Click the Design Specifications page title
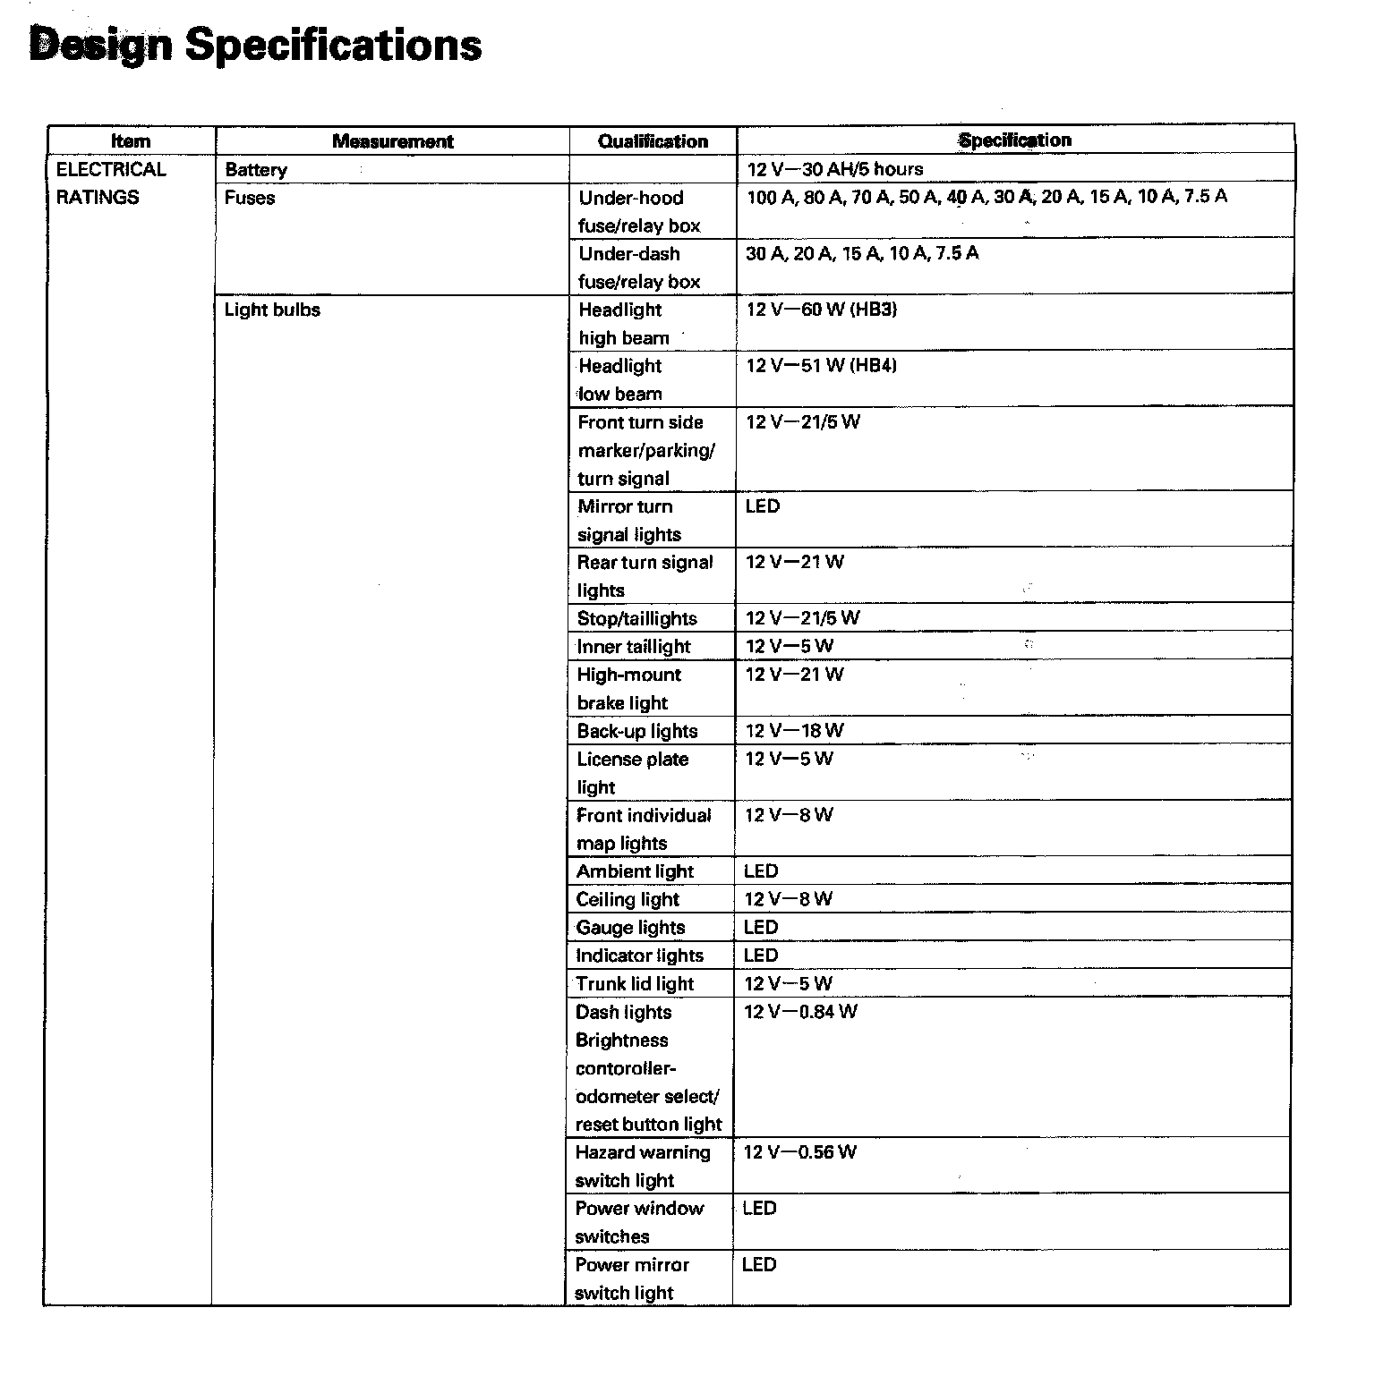click(x=255, y=45)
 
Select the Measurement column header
click(x=392, y=141)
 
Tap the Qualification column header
click(x=653, y=141)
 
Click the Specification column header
click(x=1014, y=140)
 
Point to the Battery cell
click(x=256, y=170)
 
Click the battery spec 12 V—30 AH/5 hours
click(x=834, y=169)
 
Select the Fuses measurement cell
click(x=250, y=198)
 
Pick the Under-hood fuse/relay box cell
click(x=638, y=212)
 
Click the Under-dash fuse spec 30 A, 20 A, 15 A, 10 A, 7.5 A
click(x=862, y=254)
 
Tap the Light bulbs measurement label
click(x=272, y=310)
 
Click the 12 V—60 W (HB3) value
click(x=821, y=310)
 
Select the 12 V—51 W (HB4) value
click(x=821, y=366)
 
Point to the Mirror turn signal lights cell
click(x=628, y=521)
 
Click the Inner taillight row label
click(x=634, y=647)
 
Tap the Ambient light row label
click(x=635, y=871)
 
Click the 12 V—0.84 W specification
click(x=800, y=1012)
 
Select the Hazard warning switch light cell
click(x=642, y=1167)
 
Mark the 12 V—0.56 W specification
click(x=799, y=1152)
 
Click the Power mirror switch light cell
click(x=631, y=1278)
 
